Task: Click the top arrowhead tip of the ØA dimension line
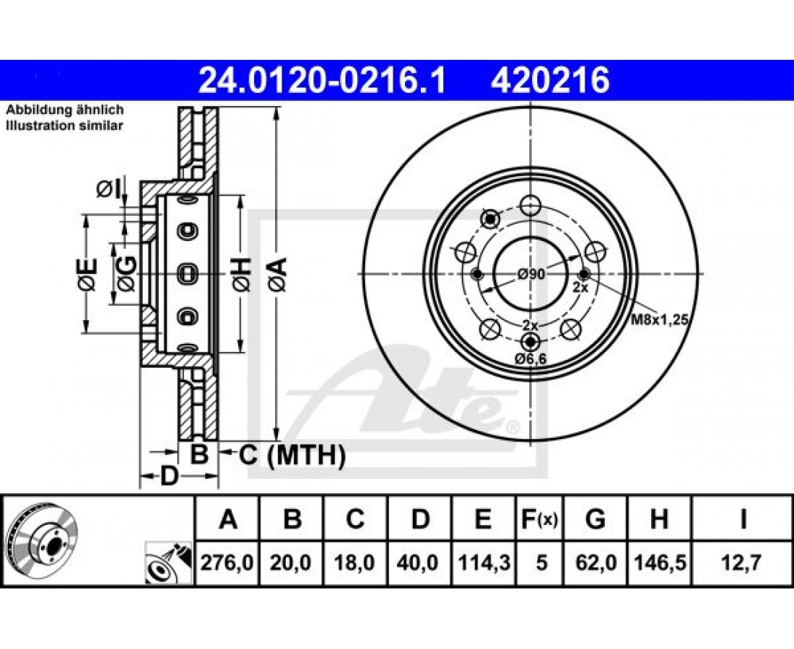tap(276, 107)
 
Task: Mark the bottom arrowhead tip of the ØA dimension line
tap(276, 440)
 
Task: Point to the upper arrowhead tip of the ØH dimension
tap(240, 195)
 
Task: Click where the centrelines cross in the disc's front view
tap(531, 274)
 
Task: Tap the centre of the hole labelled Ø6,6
tap(531, 341)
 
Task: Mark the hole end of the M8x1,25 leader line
tap(585, 274)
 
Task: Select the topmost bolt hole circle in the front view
tap(531, 206)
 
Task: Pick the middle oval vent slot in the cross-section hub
tap(188, 274)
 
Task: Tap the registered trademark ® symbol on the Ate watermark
tap(512, 428)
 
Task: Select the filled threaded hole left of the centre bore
tap(476, 274)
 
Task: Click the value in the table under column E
tap(484, 562)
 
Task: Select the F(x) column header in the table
tap(539, 518)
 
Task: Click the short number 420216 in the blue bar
tap(550, 81)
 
